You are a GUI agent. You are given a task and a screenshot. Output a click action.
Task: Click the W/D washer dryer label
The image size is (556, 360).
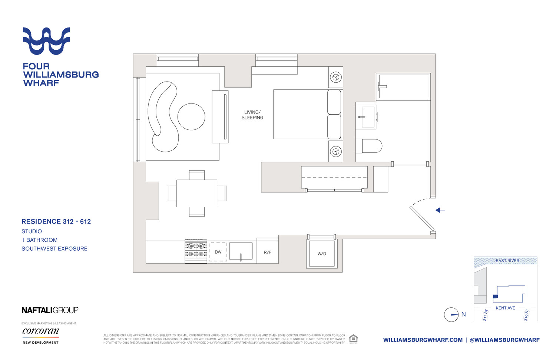point(322,254)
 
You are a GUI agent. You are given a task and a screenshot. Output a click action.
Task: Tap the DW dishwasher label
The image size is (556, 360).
point(218,252)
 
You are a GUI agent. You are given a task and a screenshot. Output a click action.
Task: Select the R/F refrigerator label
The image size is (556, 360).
point(268,252)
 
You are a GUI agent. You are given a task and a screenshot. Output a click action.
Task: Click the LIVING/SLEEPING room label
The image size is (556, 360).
point(252,115)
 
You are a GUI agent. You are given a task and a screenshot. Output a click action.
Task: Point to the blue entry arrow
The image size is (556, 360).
point(440,210)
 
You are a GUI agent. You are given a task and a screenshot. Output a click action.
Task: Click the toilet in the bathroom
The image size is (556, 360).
point(369,146)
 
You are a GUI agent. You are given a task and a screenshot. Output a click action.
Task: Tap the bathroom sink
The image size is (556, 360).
point(367,117)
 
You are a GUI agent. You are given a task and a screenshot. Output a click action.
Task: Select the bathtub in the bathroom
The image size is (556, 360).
point(404,87)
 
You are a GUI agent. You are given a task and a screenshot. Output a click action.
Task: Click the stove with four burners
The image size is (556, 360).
point(196,251)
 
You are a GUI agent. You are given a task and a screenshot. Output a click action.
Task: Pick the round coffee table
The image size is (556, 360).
point(191,116)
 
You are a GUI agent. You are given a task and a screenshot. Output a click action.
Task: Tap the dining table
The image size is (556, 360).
point(197,194)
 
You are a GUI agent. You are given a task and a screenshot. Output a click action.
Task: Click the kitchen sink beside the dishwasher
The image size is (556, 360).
point(241,251)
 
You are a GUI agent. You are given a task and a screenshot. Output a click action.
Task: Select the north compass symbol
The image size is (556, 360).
point(451,315)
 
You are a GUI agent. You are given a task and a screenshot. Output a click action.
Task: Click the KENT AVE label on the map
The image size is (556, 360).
point(505,308)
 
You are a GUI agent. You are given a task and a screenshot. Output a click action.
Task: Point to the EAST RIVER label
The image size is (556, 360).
point(507,261)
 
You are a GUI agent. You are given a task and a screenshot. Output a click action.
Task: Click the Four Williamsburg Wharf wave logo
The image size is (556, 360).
point(46,41)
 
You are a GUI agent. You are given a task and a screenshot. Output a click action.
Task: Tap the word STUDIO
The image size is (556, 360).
point(32,231)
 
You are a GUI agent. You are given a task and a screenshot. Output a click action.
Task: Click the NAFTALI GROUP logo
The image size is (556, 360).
point(50,310)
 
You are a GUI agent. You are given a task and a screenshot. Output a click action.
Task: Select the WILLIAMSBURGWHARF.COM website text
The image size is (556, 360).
point(423,340)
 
